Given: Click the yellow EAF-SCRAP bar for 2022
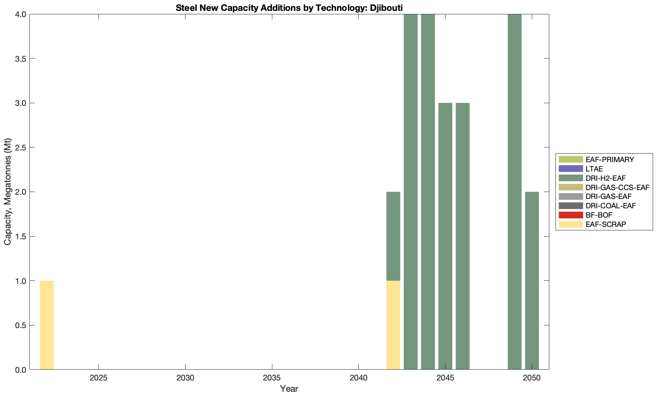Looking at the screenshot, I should tap(46, 325).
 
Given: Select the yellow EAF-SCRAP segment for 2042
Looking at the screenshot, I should tap(393, 325).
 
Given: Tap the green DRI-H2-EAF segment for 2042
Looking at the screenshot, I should tap(393, 236).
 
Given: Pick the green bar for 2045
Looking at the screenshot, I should tap(445, 236).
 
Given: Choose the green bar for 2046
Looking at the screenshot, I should tap(463, 236).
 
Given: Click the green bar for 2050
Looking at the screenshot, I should tap(532, 280).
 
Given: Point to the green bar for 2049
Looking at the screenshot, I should tap(514, 192).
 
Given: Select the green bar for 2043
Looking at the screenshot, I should tap(411, 192).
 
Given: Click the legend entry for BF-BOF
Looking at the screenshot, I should tap(599, 215).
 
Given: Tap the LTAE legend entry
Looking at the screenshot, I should tap(594, 169).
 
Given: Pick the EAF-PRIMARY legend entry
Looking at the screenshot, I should tap(609, 159).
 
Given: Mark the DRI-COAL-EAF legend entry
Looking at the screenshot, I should tap(611, 206).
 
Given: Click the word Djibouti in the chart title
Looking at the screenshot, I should tap(383, 8).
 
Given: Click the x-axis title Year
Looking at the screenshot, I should tap(289, 389).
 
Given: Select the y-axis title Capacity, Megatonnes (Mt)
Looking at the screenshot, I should tap(8, 192).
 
